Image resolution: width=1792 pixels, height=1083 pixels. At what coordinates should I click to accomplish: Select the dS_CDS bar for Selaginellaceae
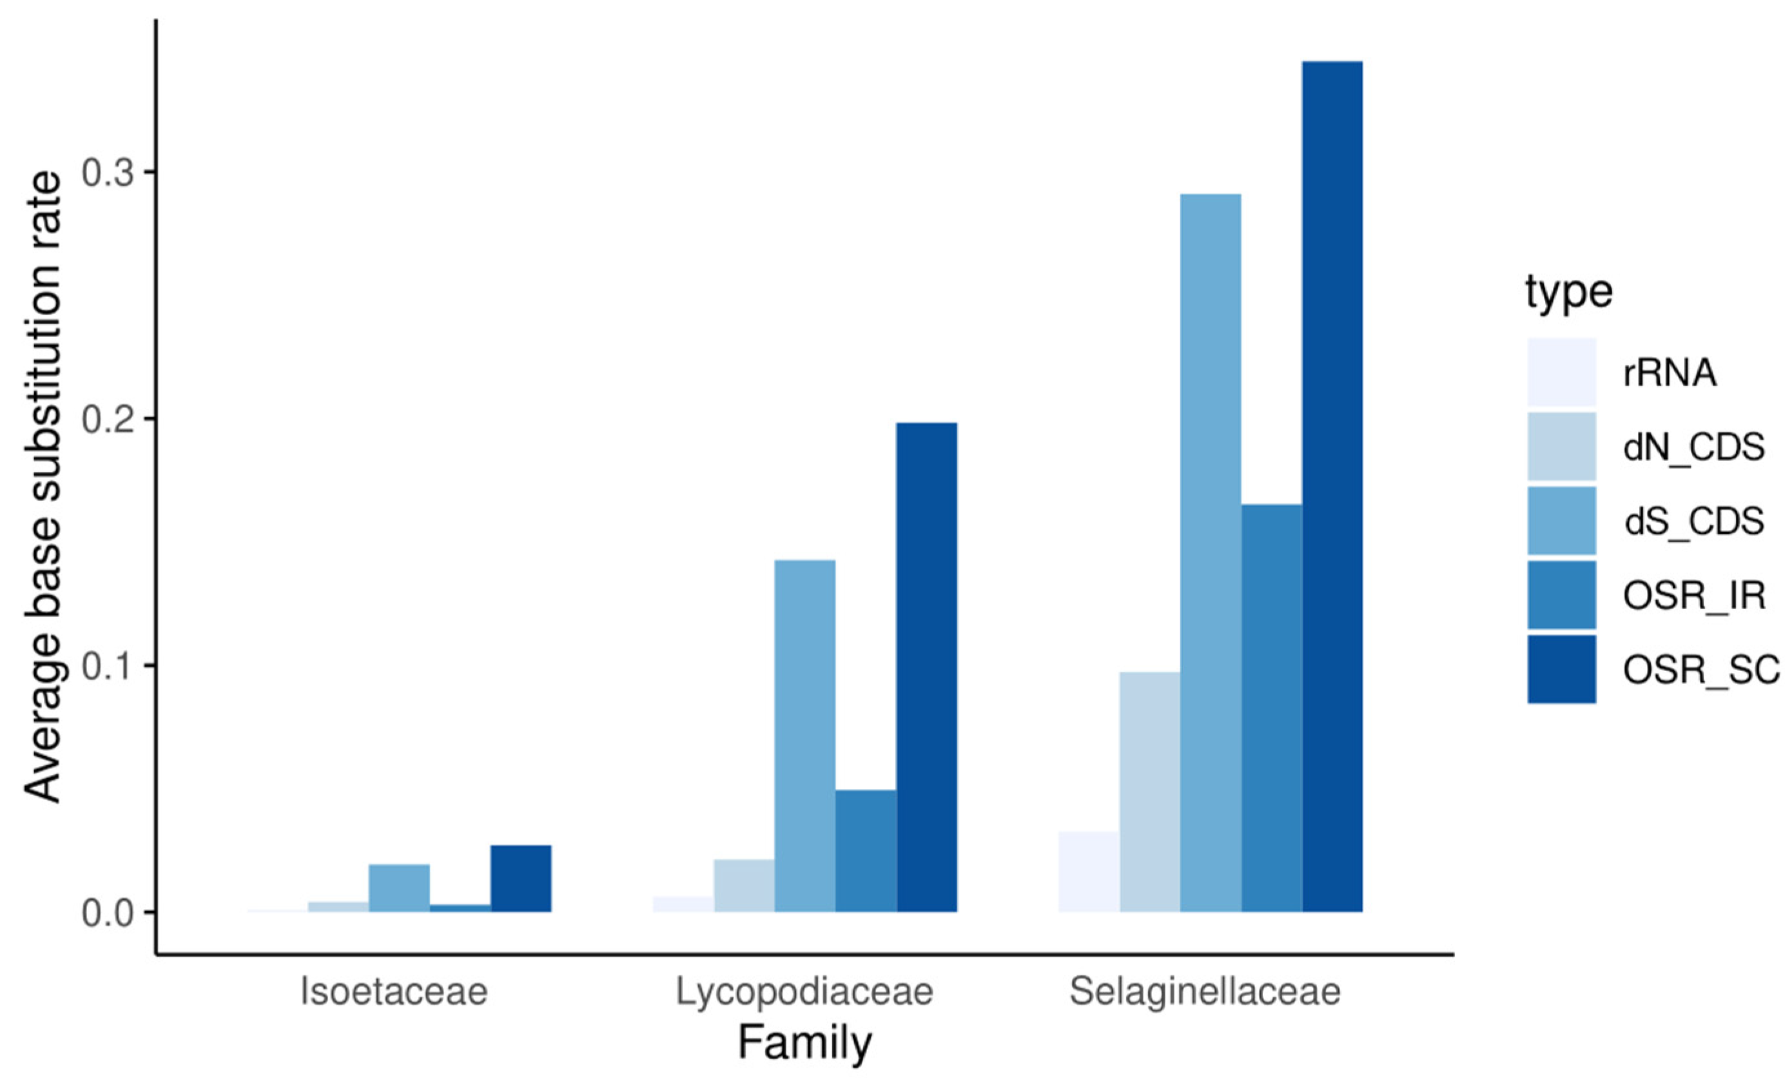click(x=1210, y=552)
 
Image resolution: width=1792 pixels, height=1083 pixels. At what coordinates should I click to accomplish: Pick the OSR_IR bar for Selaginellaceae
click(x=1271, y=708)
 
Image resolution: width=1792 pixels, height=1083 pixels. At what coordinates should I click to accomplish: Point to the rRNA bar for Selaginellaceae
click(x=1088, y=872)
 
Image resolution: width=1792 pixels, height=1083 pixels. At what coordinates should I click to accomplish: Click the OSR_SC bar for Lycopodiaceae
click(x=926, y=667)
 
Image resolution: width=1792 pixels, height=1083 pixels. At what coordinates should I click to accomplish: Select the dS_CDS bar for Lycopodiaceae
click(x=804, y=736)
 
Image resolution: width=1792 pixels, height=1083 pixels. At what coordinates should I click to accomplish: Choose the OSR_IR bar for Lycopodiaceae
click(x=866, y=850)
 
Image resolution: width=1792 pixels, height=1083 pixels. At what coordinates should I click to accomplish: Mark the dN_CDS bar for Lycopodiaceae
click(x=743, y=885)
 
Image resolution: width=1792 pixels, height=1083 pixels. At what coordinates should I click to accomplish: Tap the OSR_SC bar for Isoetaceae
click(x=521, y=878)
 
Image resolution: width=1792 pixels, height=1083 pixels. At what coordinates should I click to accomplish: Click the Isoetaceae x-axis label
click(x=393, y=992)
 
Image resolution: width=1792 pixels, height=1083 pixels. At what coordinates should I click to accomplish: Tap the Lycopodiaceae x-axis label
click(x=804, y=992)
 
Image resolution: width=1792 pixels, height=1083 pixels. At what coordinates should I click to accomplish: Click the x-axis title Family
click(x=804, y=1044)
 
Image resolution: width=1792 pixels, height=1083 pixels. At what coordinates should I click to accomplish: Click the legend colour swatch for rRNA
click(x=1561, y=373)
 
